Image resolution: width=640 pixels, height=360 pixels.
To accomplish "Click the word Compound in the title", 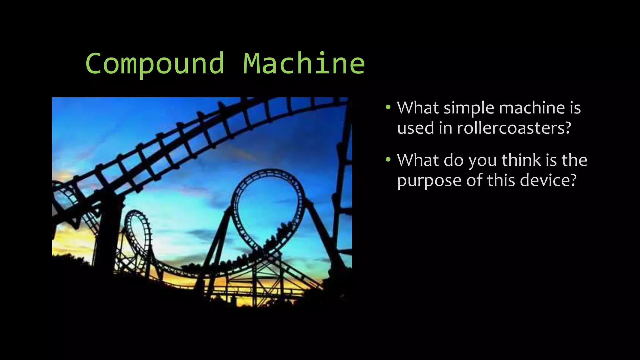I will [155, 64].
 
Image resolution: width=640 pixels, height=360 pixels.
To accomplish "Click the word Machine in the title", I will [304, 64].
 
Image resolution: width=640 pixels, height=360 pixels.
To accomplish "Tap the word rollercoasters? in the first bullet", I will [514, 128].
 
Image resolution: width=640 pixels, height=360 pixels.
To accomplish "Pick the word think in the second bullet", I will [521, 160].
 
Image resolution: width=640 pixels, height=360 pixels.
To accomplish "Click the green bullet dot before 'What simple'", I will [388, 107].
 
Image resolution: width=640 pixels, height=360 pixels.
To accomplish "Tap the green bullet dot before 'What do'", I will [388, 160].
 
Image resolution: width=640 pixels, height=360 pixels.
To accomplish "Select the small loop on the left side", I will [137, 228].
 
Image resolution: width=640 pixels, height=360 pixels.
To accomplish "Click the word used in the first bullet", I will [415, 128].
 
